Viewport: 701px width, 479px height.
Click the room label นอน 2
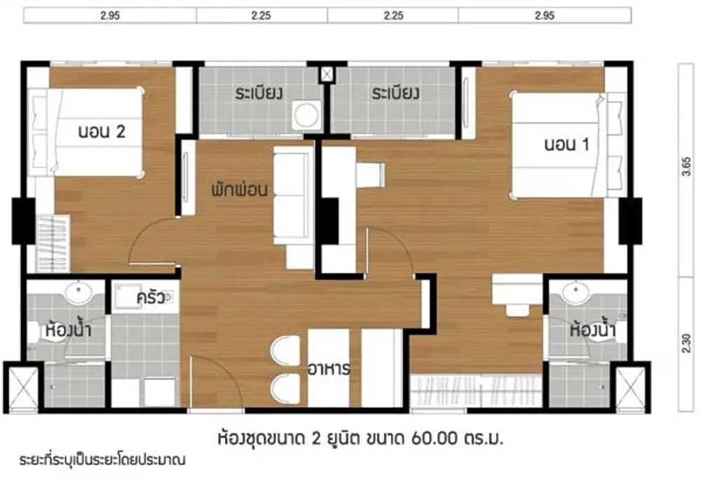click(x=102, y=131)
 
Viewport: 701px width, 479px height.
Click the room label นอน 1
click(x=566, y=144)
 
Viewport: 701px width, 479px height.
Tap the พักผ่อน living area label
click(x=240, y=189)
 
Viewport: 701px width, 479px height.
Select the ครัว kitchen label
click(x=151, y=297)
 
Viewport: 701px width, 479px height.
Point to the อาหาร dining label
click(x=329, y=370)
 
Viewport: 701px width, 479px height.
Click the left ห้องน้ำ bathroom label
click(x=69, y=330)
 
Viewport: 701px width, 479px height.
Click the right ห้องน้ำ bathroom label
click(x=593, y=330)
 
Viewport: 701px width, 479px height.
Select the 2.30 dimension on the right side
click(x=686, y=344)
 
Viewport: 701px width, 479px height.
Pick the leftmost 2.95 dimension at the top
click(x=110, y=15)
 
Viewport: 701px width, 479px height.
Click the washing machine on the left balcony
click(x=306, y=114)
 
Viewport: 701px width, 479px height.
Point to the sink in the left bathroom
click(x=78, y=293)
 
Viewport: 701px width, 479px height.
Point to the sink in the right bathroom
click(x=577, y=293)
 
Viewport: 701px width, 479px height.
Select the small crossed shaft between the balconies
click(x=327, y=74)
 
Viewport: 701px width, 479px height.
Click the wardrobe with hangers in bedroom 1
click(x=475, y=390)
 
